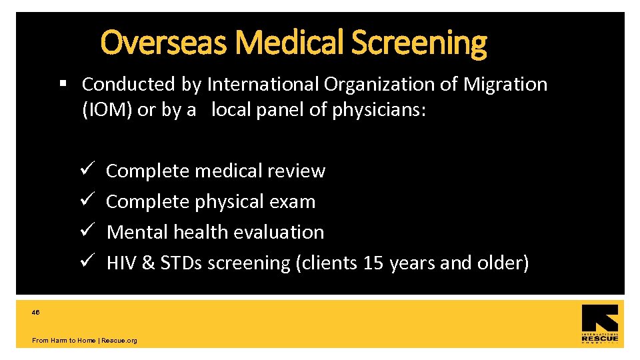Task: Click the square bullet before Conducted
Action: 63,84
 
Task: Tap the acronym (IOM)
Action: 107,110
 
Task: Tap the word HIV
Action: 121,263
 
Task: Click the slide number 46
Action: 36,312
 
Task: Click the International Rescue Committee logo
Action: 599,324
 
